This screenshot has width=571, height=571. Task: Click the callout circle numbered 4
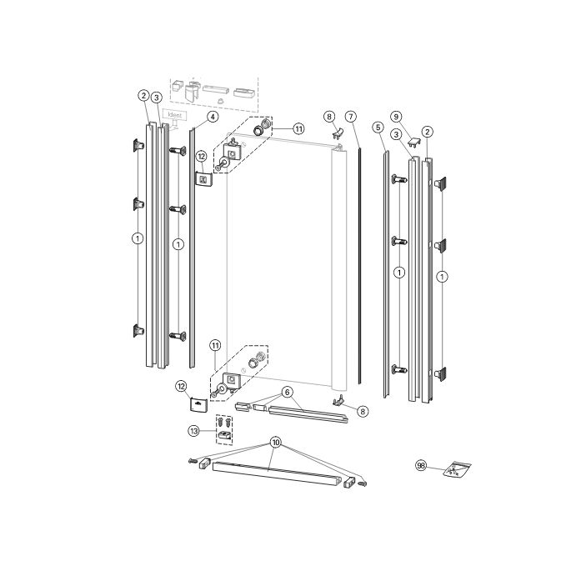click(213, 117)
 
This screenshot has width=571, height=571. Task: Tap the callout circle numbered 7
click(351, 116)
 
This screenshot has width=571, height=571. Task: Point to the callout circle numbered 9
click(396, 116)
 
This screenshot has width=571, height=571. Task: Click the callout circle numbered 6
click(287, 392)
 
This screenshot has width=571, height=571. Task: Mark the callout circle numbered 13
click(193, 431)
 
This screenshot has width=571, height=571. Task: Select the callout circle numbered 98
click(420, 467)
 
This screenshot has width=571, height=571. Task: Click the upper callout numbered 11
click(298, 129)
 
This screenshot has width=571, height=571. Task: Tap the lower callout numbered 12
click(181, 386)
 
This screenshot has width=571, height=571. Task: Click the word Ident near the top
click(175, 115)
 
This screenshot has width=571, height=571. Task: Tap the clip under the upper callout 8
click(338, 133)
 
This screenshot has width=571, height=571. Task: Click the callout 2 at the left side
click(143, 96)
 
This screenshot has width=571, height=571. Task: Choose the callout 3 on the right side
click(397, 134)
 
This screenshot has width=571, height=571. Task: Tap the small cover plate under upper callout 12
click(203, 178)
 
